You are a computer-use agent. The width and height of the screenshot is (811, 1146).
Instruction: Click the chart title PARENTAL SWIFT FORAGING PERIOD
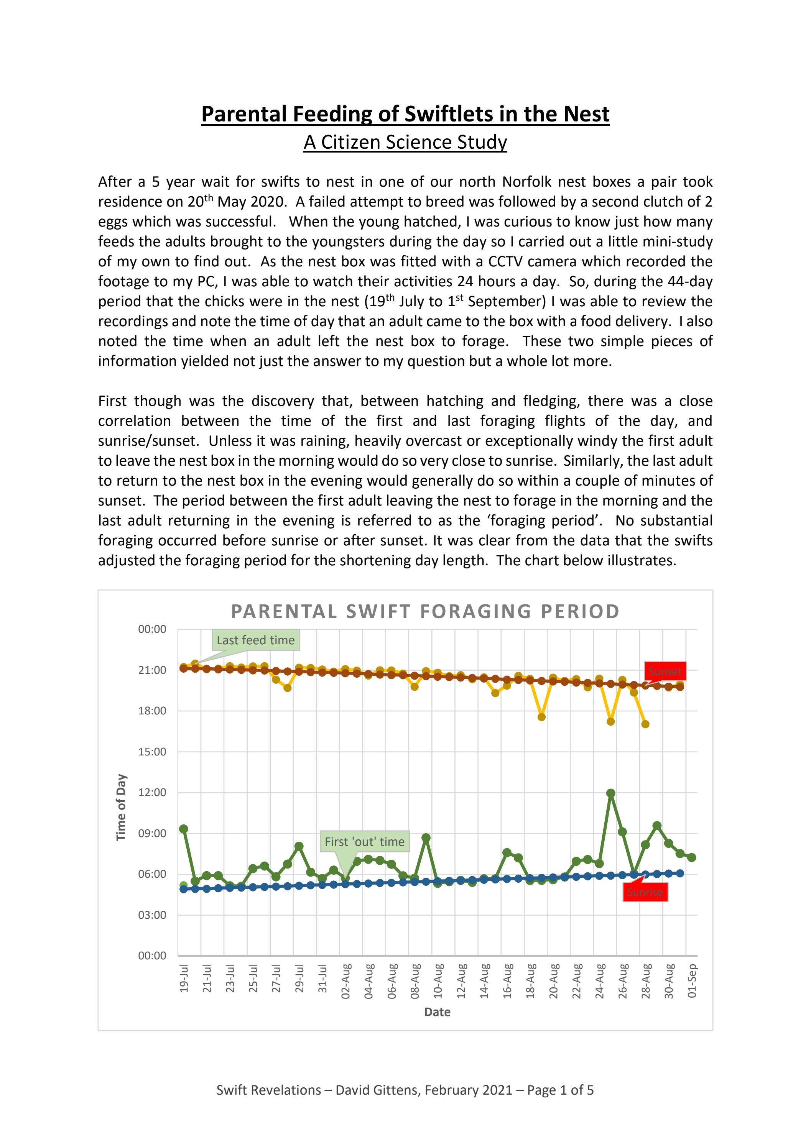tap(425, 611)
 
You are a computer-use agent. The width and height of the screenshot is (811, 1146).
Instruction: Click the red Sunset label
tap(665, 672)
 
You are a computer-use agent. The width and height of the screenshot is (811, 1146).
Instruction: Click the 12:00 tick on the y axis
tap(152, 792)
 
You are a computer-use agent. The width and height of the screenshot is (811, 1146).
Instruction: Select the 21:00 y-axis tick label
tap(152, 670)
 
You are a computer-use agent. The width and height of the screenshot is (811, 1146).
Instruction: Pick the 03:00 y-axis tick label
tap(152, 915)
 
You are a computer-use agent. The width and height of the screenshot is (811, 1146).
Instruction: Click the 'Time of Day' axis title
tap(121, 807)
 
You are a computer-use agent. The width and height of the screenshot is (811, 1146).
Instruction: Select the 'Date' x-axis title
tap(437, 1012)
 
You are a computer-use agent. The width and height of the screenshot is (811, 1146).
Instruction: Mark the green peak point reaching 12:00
tap(610, 793)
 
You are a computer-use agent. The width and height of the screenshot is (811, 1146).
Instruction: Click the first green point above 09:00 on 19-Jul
tap(184, 829)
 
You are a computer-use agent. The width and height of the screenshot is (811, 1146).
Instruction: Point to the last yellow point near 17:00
tap(645, 724)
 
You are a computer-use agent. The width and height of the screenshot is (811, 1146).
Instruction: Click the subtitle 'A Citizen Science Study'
tap(405, 142)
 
